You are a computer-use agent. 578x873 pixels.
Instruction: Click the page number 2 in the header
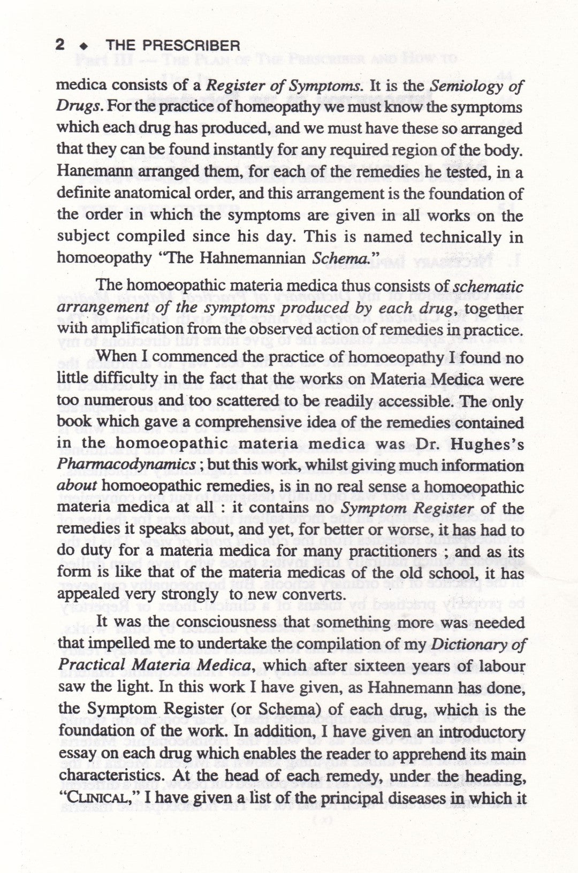point(60,45)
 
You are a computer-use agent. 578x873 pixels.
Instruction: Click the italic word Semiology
point(461,86)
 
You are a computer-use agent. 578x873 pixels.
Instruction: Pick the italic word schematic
point(488,287)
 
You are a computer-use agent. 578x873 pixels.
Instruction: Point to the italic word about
point(77,487)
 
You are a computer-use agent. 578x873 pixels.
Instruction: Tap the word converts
point(310,595)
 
